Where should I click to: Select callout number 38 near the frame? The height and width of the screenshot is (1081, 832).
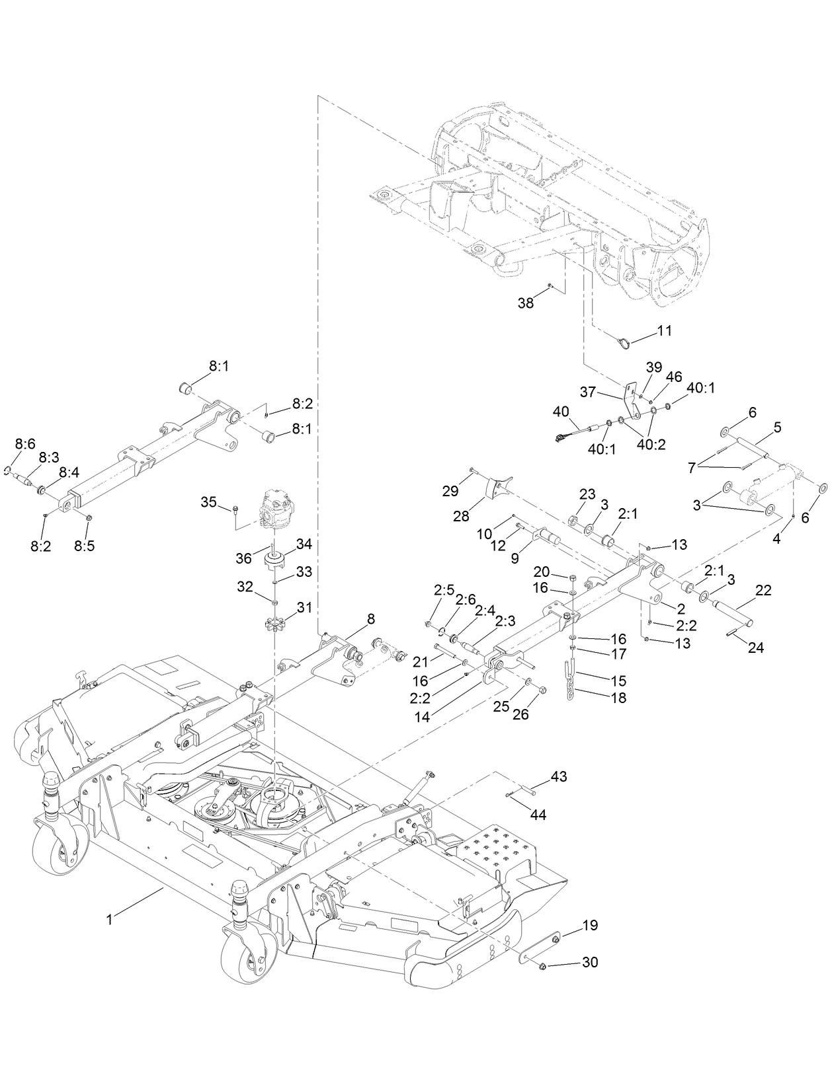(x=525, y=303)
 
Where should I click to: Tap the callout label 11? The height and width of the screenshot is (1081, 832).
(x=664, y=330)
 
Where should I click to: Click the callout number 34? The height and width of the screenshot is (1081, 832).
(x=304, y=544)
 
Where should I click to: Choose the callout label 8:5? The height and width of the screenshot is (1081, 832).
(x=83, y=546)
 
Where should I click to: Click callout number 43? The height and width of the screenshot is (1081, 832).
(x=558, y=777)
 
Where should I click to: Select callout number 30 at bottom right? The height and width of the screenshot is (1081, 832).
(x=589, y=962)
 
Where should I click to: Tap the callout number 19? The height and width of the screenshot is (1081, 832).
(x=590, y=926)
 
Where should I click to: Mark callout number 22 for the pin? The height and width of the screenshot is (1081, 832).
(x=763, y=591)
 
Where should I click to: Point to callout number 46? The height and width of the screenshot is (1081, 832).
(x=673, y=377)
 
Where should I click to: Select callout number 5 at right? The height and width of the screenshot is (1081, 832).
(x=777, y=426)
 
